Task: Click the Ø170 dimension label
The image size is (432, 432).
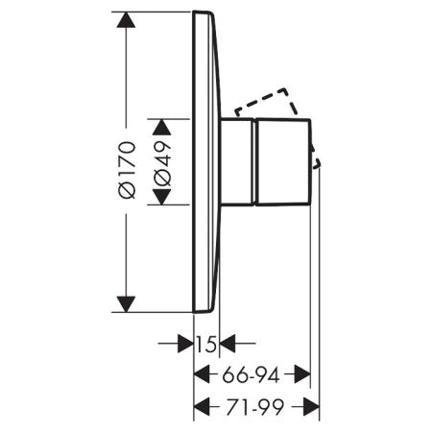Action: point(127,170)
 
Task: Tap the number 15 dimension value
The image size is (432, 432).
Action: point(206,344)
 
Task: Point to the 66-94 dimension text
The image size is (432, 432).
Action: point(251,374)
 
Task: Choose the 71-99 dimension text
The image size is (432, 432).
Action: point(255,407)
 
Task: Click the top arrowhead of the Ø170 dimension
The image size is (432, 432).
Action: point(126,20)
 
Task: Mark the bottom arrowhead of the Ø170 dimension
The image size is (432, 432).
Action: point(126,304)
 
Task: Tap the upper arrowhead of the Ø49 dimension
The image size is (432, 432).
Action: point(162,127)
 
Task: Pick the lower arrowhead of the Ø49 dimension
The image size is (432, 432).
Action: point(162,197)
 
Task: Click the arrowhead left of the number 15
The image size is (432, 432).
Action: point(185,344)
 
